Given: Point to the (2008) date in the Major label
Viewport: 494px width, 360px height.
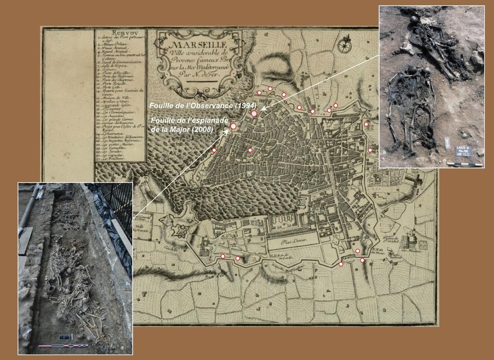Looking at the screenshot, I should point(202,129).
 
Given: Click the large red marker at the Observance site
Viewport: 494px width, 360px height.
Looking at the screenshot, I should point(254,113).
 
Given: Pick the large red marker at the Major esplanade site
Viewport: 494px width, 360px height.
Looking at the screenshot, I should point(233,126).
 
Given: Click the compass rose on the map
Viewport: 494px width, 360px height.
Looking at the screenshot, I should point(344,45).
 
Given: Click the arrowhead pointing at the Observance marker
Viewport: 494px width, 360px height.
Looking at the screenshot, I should point(262,109).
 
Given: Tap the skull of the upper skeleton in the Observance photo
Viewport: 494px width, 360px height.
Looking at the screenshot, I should point(414,20).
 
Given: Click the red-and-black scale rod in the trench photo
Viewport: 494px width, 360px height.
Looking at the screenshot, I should point(63,346).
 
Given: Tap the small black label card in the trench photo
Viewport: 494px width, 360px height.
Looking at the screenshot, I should point(64,337).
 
